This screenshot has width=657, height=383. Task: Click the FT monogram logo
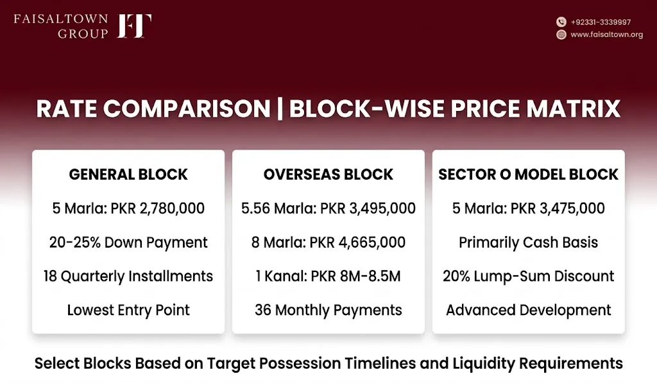(x=134, y=26)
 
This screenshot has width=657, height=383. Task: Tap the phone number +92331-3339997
(x=601, y=22)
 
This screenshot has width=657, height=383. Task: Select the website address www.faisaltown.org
(x=607, y=35)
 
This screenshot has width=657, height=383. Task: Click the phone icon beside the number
(x=561, y=22)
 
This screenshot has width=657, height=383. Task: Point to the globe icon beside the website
(x=561, y=35)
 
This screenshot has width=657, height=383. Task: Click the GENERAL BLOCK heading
(x=128, y=174)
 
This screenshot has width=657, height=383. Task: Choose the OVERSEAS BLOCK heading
(x=328, y=174)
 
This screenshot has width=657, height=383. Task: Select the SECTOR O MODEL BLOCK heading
(x=528, y=174)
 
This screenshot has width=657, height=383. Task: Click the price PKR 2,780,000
(x=158, y=209)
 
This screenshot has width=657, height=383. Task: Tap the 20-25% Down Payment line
(x=128, y=243)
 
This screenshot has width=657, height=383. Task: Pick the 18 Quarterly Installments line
(x=128, y=276)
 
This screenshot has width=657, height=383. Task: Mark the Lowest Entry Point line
(x=128, y=310)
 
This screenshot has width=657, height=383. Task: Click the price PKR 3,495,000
(x=368, y=209)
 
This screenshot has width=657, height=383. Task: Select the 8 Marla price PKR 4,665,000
(x=357, y=243)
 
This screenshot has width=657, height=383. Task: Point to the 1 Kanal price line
(x=328, y=276)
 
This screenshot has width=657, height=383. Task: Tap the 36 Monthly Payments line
(x=328, y=310)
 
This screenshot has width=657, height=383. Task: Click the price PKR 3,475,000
(x=558, y=209)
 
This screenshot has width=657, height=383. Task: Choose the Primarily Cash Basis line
(x=528, y=243)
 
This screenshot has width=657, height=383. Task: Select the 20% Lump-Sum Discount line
(x=528, y=276)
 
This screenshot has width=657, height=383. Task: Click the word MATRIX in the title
(x=573, y=108)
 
